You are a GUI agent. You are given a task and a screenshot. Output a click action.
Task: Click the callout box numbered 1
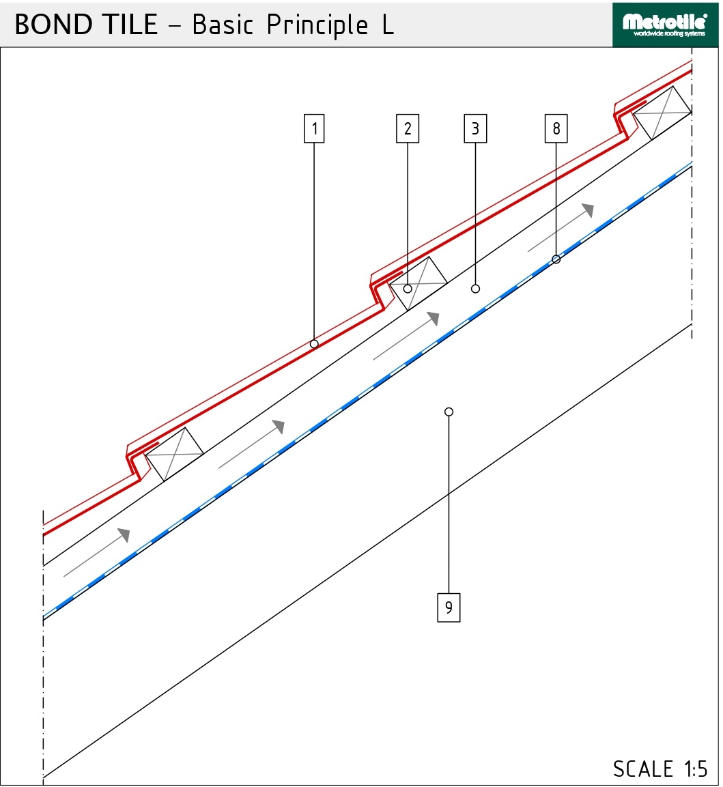(x=314, y=128)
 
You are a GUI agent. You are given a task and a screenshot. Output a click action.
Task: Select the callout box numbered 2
(x=408, y=128)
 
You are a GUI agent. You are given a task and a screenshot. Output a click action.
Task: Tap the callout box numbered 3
(x=475, y=128)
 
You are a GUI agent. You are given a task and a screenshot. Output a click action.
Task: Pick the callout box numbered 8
(x=556, y=128)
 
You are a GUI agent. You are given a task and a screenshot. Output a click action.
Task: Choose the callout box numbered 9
(x=449, y=607)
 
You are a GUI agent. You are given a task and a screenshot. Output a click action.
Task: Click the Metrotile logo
(x=665, y=25)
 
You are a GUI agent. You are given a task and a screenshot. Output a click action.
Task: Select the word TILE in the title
(x=130, y=24)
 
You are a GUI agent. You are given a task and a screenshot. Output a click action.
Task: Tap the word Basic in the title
(x=223, y=24)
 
